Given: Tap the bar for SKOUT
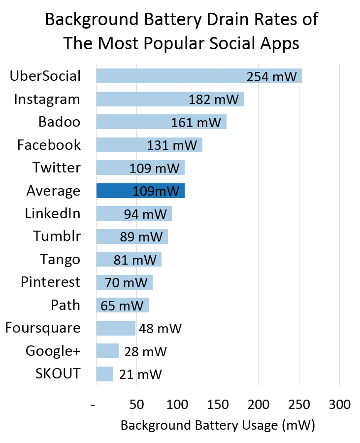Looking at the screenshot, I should (x=104, y=374).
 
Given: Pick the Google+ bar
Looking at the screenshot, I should (x=107, y=351).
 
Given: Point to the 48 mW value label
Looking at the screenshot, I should (x=160, y=328).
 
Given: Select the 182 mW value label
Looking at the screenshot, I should (x=213, y=100).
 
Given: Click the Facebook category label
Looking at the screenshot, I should (x=49, y=145).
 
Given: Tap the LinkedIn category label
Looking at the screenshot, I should (x=53, y=213).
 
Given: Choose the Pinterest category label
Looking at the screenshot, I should (x=50, y=282).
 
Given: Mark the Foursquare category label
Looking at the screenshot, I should (x=43, y=328).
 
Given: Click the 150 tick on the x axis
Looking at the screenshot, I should (x=217, y=405).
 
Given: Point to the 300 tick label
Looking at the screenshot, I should (x=339, y=405).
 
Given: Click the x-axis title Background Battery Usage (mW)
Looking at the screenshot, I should (x=217, y=425).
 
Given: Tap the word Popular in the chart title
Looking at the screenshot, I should (x=170, y=43).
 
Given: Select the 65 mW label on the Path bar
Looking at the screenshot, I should (x=122, y=306).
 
